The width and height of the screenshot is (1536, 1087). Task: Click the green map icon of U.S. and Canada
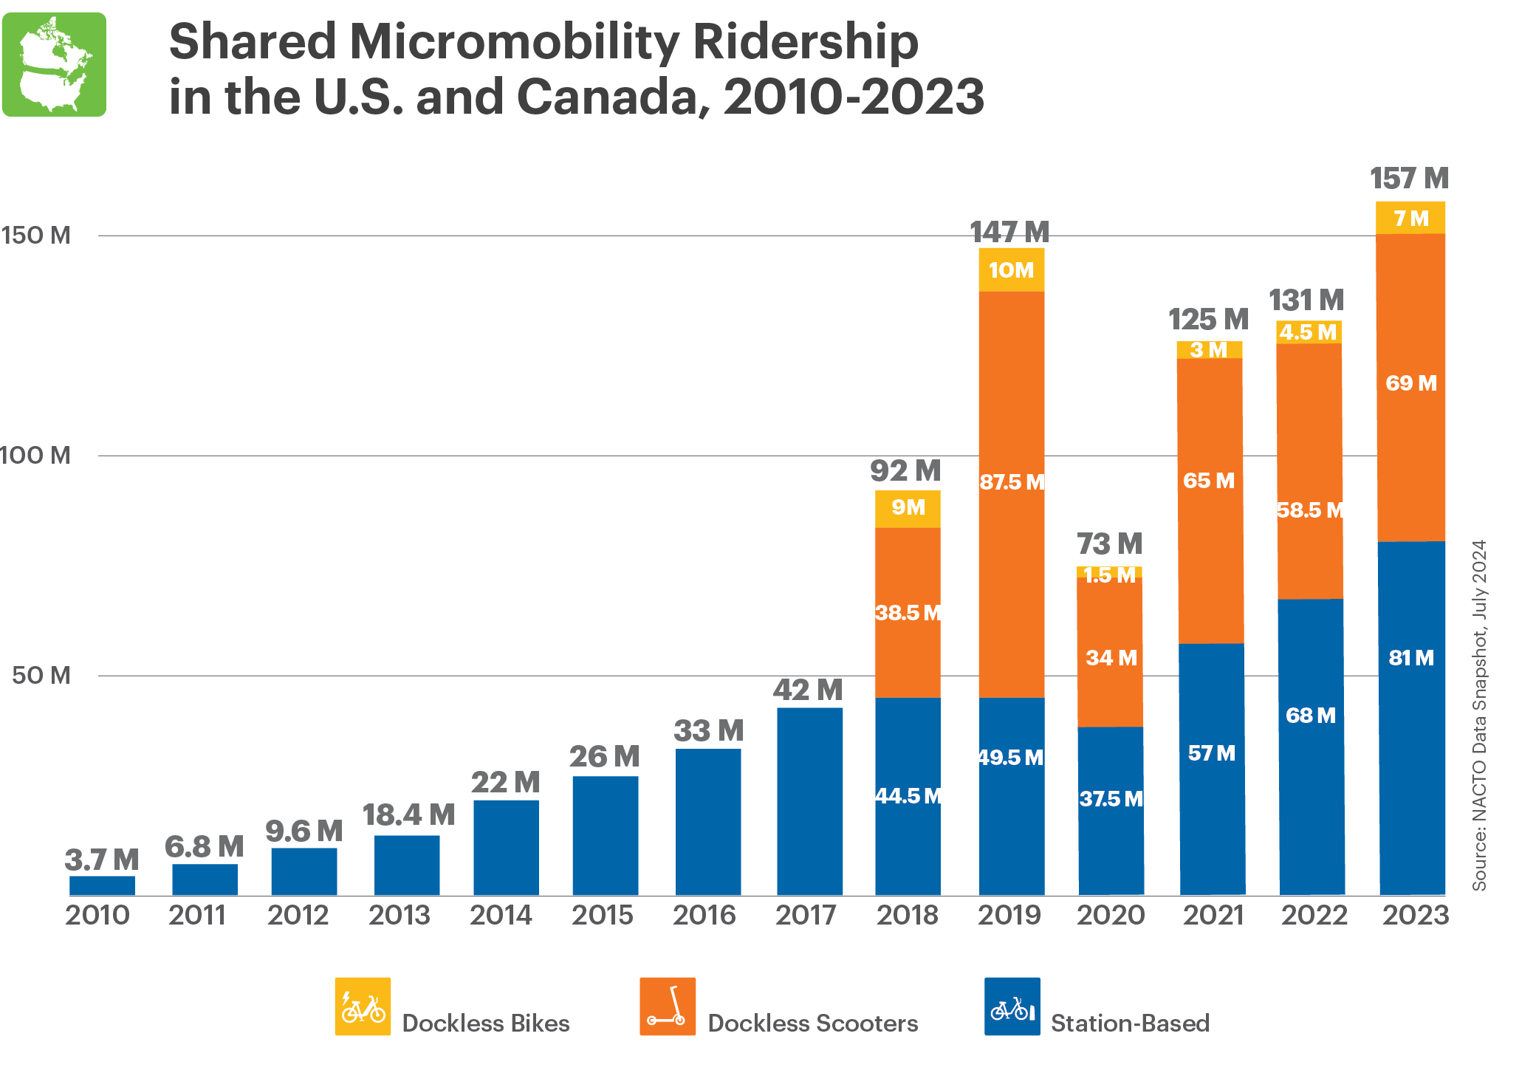(x=54, y=64)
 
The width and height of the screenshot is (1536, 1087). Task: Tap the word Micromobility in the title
(x=511, y=41)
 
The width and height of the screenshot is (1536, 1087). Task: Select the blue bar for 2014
(x=506, y=847)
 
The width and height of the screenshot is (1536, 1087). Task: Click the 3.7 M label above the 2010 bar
(x=101, y=860)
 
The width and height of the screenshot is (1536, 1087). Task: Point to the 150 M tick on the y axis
(x=35, y=236)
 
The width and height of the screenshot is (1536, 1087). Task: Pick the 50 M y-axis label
(x=41, y=675)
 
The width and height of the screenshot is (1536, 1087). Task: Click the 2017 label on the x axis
(x=805, y=916)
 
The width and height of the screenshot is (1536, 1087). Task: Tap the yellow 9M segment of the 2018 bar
(x=908, y=508)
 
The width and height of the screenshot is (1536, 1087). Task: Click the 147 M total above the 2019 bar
(x=1009, y=232)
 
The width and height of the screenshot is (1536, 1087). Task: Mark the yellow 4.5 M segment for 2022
(x=1308, y=332)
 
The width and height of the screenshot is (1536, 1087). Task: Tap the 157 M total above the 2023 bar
(x=1408, y=179)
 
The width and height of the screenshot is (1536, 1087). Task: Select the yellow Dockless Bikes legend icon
(x=363, y=1006)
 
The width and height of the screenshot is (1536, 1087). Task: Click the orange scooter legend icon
(x=668, y=1006)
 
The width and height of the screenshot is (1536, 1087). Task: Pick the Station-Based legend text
(x=1129, y=1023)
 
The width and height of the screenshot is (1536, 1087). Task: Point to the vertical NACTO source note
(x=1478, y=715)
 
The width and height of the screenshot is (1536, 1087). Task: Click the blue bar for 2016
(x=708, y=821)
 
